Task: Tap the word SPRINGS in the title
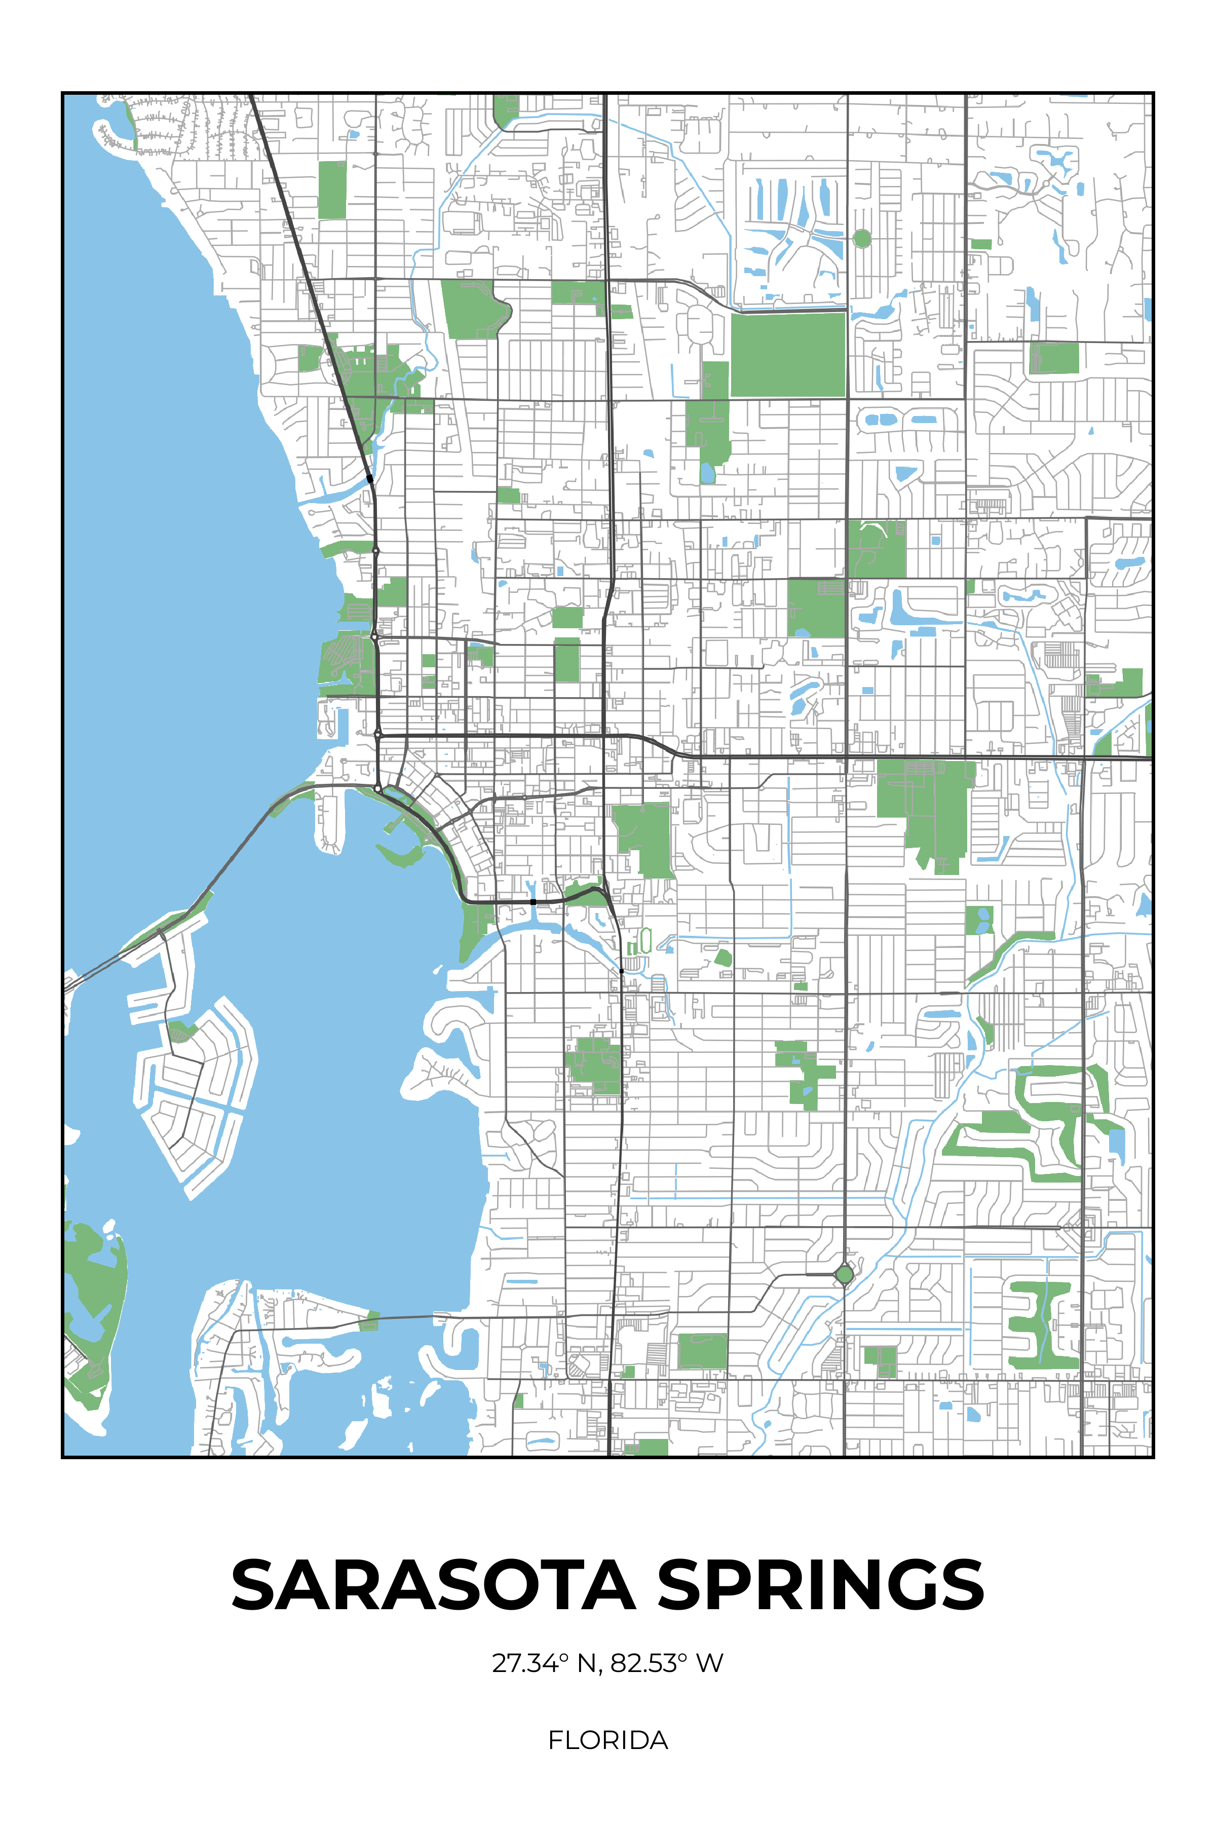820,1585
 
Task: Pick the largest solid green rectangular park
788,354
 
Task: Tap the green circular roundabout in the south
844,1274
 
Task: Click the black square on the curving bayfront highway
533,902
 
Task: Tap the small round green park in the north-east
862,238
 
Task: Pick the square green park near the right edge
1054,358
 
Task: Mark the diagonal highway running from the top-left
310,287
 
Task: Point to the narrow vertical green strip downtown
567,659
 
